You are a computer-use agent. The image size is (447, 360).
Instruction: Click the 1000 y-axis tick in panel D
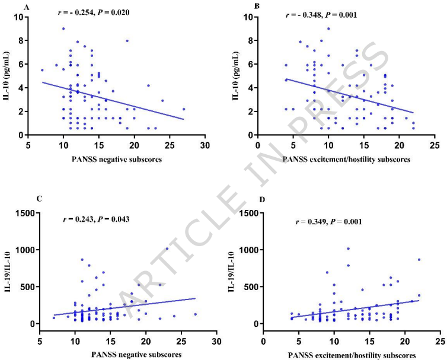point(250,250)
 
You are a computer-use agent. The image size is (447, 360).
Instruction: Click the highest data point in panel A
point(63,28)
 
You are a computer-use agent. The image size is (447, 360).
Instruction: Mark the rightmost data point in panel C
point(195,314)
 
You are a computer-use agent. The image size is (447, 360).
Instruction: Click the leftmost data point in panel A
point(42,70)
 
